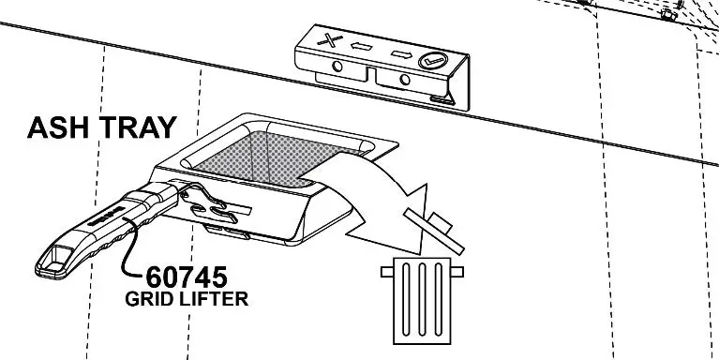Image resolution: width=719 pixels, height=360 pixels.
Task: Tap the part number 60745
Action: [x=187, y=278]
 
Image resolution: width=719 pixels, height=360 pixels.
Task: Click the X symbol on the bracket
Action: [x=328, y=40]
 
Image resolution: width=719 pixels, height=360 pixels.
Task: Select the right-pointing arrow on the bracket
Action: [x=400, y=53]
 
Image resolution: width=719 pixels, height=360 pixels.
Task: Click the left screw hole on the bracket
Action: [x=337, y=67]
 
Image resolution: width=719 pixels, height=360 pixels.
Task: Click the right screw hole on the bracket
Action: [x=405, y=82]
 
